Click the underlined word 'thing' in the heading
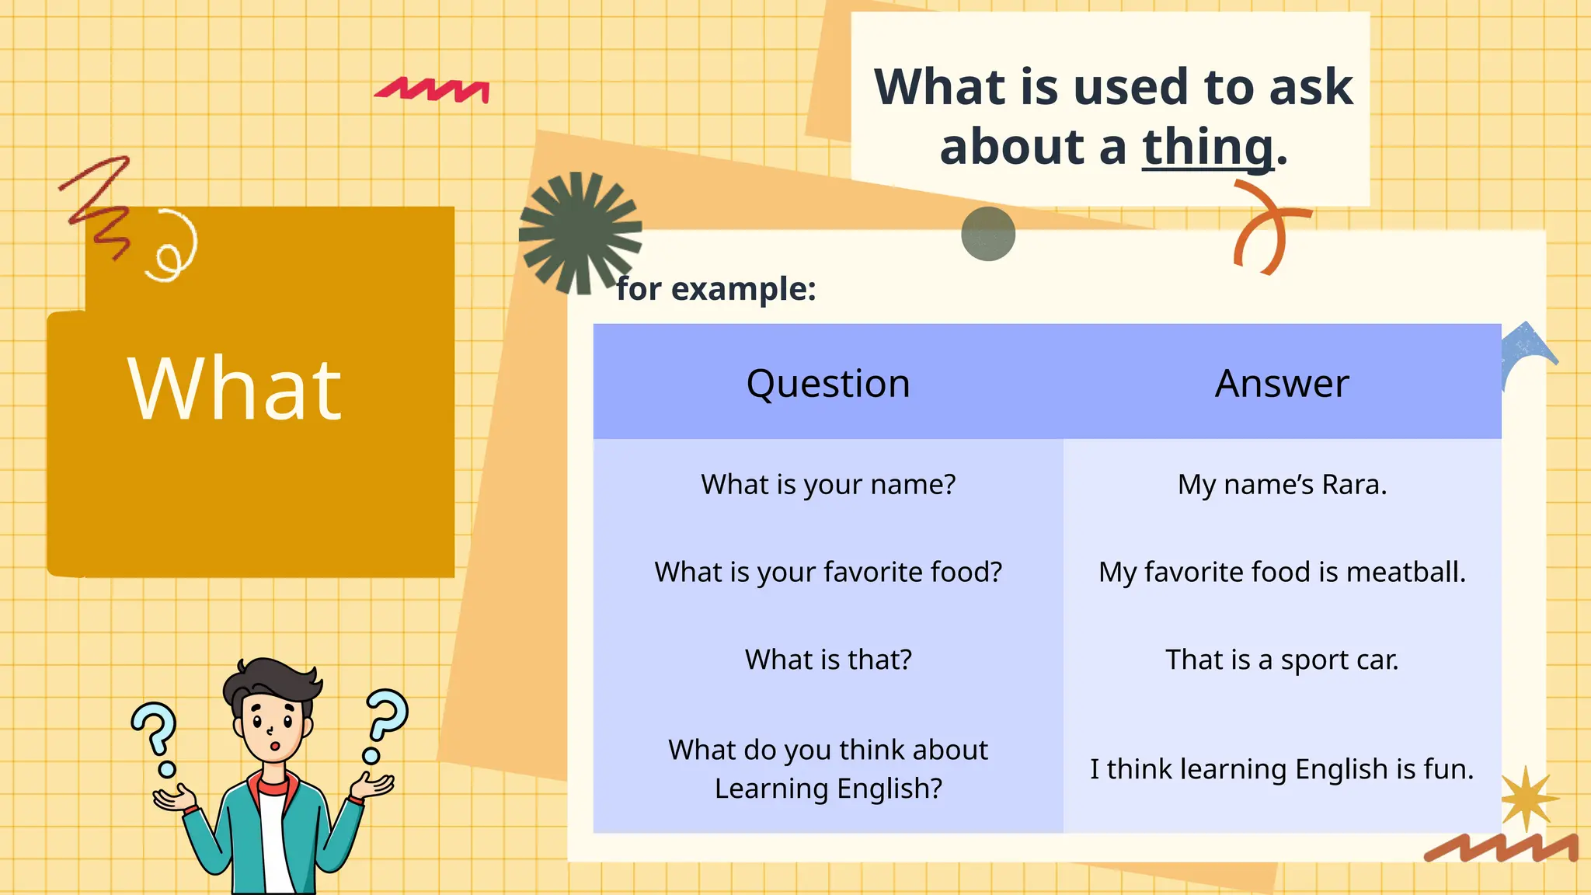[x=1207, y=148]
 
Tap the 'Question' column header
[x=828, y=383]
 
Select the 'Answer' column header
[x=1282, y=383]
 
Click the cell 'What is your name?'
[x=828, y=484]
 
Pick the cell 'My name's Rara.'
[x=1282, y=484]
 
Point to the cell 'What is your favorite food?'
[x=828, y=572]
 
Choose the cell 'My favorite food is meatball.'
[x=1282, y=572]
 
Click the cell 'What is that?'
[x=828, y=660]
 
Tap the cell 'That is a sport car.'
[x=1282, y=660]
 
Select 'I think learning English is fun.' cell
[x=1282, y=769]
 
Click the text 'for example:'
[x=716, y=289]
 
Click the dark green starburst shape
[x=580, y=231]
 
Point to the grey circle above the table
[x=988, y=233]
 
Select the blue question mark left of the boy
[x=156, y=734]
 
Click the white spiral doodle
[x=173, y=247]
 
